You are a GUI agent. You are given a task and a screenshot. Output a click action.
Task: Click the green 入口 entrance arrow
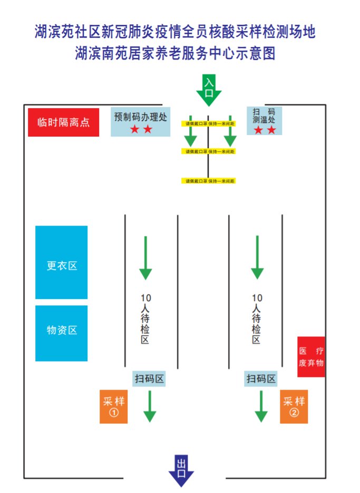(x=209, y=90)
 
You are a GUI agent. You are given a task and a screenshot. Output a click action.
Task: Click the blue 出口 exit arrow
(x=181, y=469)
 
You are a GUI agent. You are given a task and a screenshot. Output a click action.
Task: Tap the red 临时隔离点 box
(x=63, y=122)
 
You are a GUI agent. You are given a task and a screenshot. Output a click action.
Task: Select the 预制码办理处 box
(x=140, y=121)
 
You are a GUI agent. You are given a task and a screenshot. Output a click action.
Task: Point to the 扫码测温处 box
(x=264, y=120)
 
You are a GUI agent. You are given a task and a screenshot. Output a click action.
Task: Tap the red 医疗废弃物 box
(x=311, y=357)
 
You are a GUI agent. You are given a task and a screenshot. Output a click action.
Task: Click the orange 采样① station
(x=114, y=407)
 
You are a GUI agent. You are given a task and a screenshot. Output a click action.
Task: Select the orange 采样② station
(x=294, y=407)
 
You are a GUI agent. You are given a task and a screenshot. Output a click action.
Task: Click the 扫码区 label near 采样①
(x=150, y=379)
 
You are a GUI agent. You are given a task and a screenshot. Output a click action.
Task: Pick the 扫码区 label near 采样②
(x=261, y=379)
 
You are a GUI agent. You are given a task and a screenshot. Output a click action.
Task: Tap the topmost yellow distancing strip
(x=209, y=123)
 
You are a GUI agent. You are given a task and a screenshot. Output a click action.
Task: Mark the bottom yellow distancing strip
(x=209, y=181)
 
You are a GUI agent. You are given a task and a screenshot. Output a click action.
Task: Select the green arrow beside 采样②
(x=261, y=407)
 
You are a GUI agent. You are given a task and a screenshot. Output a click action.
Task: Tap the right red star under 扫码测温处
(x=271, y=130)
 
